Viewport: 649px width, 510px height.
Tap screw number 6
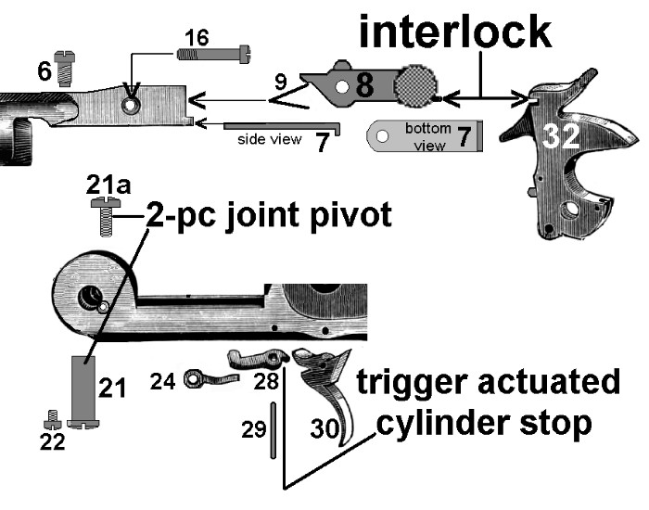64,68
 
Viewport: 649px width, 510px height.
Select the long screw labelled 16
214,55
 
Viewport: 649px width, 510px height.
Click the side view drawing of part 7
283,124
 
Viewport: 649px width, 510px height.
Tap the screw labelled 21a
106,218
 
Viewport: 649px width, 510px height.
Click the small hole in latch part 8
342,89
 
